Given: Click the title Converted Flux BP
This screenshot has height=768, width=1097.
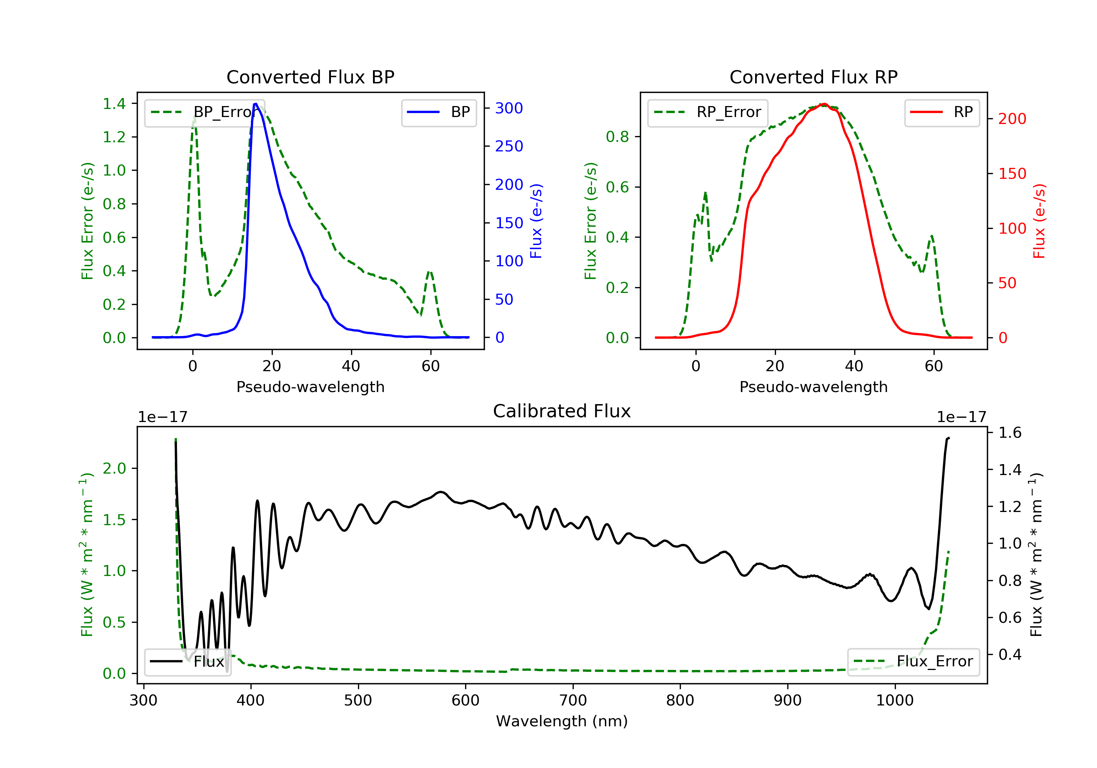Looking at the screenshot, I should point(310,77).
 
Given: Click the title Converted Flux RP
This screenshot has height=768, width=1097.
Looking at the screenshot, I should point(813,77).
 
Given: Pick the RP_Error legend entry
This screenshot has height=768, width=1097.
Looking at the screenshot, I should point(708,112).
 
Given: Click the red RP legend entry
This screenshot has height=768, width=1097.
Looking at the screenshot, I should point(942,112).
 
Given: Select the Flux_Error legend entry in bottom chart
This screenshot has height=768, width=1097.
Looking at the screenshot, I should point(913,662).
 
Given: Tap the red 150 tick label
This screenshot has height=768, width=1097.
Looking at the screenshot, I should point(1012,173).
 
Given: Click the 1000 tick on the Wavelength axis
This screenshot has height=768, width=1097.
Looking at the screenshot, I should point(894,701).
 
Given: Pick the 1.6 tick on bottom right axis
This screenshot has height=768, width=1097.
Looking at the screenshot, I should point(1010,433).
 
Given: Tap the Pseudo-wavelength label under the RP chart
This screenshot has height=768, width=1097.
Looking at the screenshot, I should point(813,387).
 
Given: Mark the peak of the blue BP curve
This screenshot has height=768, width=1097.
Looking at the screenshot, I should point(256,104).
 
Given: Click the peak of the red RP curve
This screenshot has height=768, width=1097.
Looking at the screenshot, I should point(824,104).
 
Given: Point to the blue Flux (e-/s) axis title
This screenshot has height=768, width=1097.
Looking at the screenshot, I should point(536,221).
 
